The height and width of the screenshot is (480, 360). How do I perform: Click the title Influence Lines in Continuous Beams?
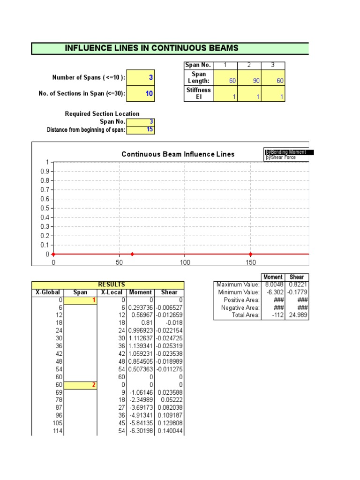(x=151, y=48)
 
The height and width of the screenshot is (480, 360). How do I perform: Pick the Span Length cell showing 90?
(x=249, y=81)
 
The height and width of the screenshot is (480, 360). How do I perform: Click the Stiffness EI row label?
(x=199, y=93)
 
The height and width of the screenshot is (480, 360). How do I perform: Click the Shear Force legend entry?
(x=281, y=158)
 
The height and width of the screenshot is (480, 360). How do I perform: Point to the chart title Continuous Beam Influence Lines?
(x=178, y=154)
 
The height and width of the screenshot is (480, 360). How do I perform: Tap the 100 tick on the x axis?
(x=185, y=263)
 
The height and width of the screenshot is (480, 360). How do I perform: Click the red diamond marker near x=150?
(x=250, y=254)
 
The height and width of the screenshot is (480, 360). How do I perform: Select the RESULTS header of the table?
(x=111, y=285)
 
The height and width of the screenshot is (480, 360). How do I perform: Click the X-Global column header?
(x=47, y=292)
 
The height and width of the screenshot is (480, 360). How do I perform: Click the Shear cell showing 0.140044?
(x=170, y=431)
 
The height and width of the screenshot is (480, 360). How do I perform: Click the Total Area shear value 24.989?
(x=299, y=315)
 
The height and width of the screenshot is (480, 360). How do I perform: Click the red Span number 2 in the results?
(x=93, y=385)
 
